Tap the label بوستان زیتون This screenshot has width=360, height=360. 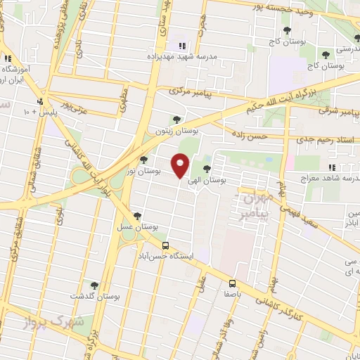pyautogui.click(x=176, y=131)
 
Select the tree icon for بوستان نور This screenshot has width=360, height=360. pyautogui.click(x=144, y=160)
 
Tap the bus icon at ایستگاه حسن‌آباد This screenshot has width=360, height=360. pyautogui.click(x=165, y=245)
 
